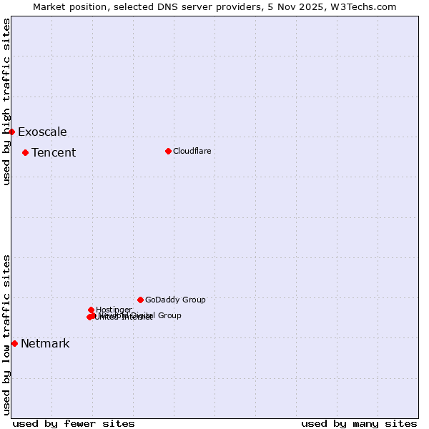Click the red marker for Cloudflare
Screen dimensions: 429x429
pyautogui.click(x=168, y=151)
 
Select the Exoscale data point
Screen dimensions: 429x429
pyautogui.click(x=11, y=132)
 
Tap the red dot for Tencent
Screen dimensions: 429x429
pyautogui.click(x=25, y=152)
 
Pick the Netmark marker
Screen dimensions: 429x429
pyautogui.click(x=14, y=343)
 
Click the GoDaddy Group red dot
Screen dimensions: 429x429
pyautogui.click(x=140, y=300)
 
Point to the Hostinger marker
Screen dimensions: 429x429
pyautogui.click(x=91, y=310)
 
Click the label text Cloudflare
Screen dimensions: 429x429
pyautogui.click(x=192, y=151)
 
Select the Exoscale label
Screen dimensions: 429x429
pyautogui.click(x=42, y=132)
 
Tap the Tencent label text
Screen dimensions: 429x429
pyautogui.click(x=54, y=152)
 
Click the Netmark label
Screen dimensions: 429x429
pyautogui.click(x=45, y=343)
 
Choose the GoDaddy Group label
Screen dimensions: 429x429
pyautogui.click(x=175, y=300)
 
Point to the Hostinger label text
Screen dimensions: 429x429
pyautogui.click(x=114, y=310)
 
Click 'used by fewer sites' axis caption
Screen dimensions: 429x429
pyautogui.click(x=74, y=423)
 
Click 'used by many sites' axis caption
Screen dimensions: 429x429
pyautogui.click(x=359, y=423)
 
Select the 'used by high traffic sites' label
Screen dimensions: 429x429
pyautogui.click(x=6, y=102)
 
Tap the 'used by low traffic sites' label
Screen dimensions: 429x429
pyautogui.click(x=6, y=335)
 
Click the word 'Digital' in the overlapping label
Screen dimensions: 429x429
pyautogui.click(x=142, y=315)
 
